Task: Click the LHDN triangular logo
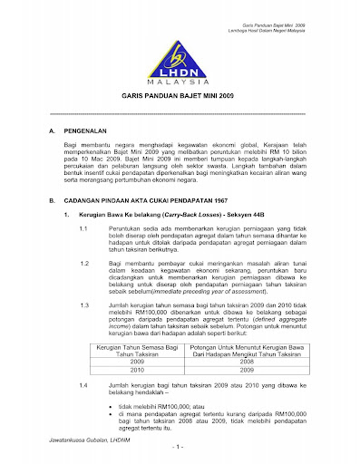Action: [x=179, y=55]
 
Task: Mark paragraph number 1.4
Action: [x=84, y=386]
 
